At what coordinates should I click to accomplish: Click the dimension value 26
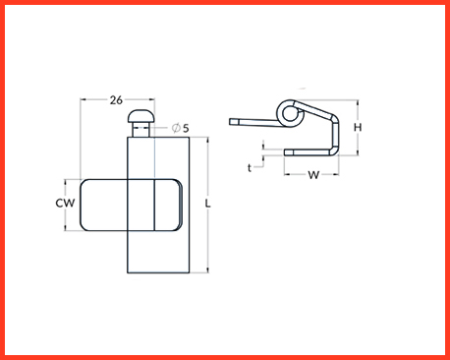point(116,100)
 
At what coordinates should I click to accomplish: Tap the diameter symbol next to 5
point(176,128)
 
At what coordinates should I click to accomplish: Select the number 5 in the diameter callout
point(186,128)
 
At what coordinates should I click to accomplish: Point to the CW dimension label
point(65,204)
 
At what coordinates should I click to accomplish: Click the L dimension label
point(207,204)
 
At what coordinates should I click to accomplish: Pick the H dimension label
point(358,127)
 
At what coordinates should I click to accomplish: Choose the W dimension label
point(313,175)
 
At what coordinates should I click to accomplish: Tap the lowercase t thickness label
point(250,168)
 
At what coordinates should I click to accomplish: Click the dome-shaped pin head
point(141,116)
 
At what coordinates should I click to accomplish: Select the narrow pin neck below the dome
point(141,130)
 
